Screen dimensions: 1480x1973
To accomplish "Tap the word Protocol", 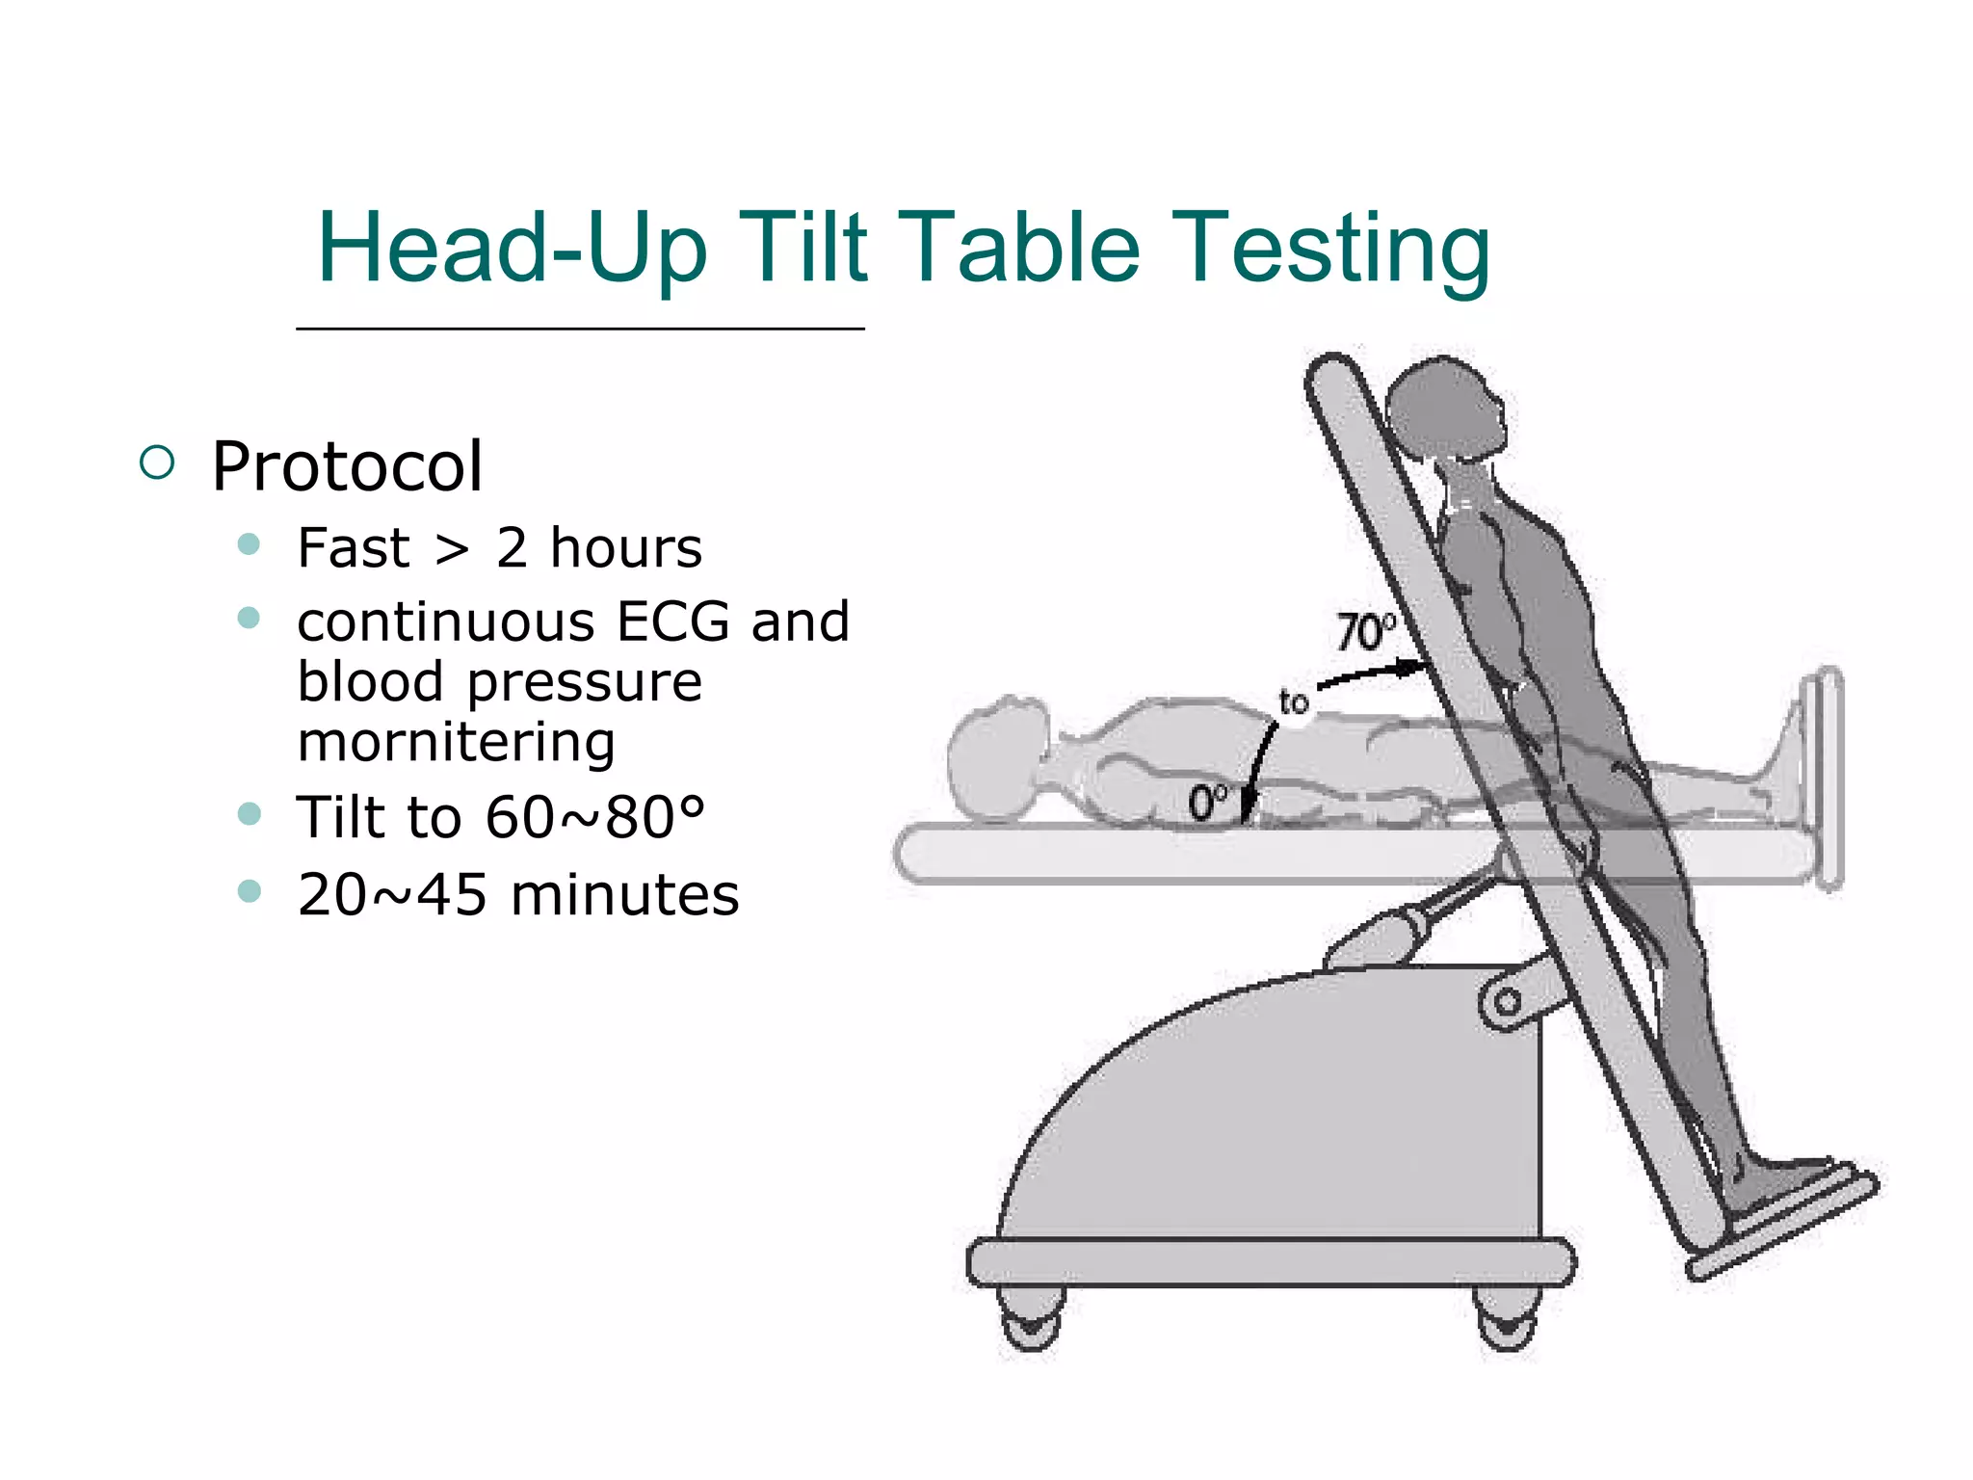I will [x=347, y=466].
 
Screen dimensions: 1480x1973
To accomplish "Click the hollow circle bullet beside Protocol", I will [x=157, y=462].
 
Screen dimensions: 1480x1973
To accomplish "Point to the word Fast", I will [x=354, y=548].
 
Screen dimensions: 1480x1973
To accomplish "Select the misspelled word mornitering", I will [x=456, y=743].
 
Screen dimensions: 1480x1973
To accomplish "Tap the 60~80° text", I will [x=594, y=818].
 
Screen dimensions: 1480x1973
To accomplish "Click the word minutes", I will [x=624, y=895].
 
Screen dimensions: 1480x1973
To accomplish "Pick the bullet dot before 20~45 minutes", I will [x=249, y=891].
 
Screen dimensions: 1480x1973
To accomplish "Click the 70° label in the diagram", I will [x=1364, y=632].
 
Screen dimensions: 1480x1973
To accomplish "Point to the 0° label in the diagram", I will [x=1208, y=802].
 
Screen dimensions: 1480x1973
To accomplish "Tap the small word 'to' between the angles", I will [x=1294, y=702].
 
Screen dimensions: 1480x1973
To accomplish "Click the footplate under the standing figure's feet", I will [x=1782, y=1224].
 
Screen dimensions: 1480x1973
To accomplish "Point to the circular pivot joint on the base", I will [x=1507, y=1003].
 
